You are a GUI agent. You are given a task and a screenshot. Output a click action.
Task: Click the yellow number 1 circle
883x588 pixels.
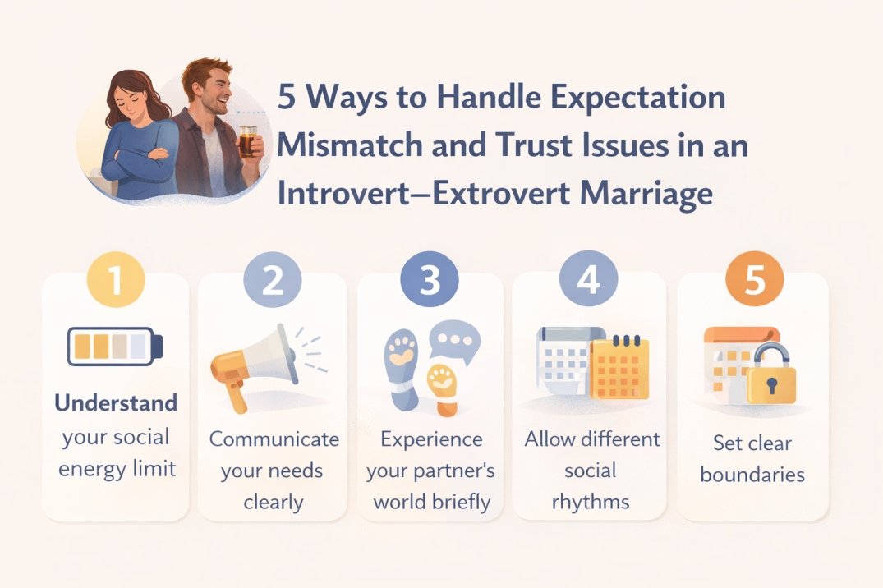(x=115, y=279)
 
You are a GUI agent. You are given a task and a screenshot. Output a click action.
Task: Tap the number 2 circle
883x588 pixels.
(x=272, y=279)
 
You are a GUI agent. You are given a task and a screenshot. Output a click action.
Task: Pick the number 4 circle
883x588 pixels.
(x=588, y=279)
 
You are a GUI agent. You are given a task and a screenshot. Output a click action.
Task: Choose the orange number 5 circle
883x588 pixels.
(x=755, y=279)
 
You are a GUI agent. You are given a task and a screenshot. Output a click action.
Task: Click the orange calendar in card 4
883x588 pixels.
(x=620, y=367)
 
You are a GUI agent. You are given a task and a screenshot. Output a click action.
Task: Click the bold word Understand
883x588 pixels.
(x=116, y=403)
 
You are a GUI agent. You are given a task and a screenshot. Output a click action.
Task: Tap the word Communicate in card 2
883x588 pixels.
(x=274, y=439)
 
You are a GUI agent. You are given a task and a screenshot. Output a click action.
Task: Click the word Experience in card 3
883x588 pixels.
(x=431, y=439)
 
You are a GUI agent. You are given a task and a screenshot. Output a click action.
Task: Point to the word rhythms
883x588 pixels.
(x=591, y=501)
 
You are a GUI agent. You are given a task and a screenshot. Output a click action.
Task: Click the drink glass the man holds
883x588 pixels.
(x=247, y=140)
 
